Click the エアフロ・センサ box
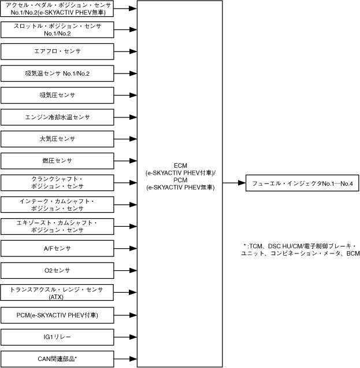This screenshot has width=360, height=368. click(x=57, y=51)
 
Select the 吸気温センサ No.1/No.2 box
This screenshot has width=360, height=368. click(x=57, y=73)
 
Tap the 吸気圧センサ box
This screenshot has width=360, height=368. click(x=57, y=95)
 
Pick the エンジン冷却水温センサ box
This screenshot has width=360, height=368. click(x=57, y=117)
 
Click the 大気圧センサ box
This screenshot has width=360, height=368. click(x=57, y=139)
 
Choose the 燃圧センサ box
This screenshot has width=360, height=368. click(x=57, y=160)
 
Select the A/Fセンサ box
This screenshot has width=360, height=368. click(x=57, y=248)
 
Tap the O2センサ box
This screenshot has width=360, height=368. click(x=57, y=270)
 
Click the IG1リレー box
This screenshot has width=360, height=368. click(x=57, y=336)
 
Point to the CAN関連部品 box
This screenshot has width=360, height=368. click(x=57, y=358)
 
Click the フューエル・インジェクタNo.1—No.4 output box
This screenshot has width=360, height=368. click(x=302, y=183)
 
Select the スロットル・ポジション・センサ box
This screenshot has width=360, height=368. click(x=57, y=30)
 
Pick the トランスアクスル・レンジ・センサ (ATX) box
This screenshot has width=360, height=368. click(x=57, y=292)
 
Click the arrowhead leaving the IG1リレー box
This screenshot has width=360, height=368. click(x=133, y=336)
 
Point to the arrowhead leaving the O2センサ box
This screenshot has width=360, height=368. click(x=133, y=270)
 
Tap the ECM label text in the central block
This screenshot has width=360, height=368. click(x=181, y=165)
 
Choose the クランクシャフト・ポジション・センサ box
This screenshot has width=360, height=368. click(x=57, y=182)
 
